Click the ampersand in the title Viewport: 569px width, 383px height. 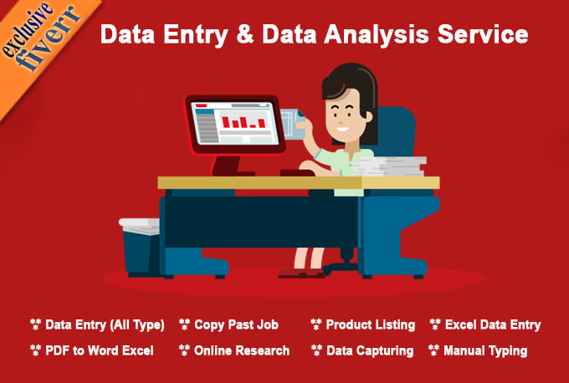tap(245, 34)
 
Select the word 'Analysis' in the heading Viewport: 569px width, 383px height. tap(377, 35)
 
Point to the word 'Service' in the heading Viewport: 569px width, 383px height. tap(483, 34)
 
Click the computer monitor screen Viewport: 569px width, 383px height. tap(235, 123)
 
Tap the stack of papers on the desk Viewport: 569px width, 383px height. tap(389, 166)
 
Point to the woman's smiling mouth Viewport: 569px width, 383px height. tap(342, 129)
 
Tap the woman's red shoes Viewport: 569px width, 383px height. tap(301, 273)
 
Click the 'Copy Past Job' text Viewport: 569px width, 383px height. tap(236, 324)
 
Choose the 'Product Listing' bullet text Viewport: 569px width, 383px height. tap(371, 324)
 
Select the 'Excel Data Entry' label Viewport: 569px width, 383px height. tap(493, 324)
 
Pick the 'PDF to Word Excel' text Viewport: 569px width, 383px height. tap(100, 350)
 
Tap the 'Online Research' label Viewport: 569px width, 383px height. tap(242, 350)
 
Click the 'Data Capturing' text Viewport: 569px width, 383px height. tap(370, 350)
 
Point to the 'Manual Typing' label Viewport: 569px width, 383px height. tap(485, 350)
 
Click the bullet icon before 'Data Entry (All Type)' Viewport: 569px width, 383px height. tap(35, 324)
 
